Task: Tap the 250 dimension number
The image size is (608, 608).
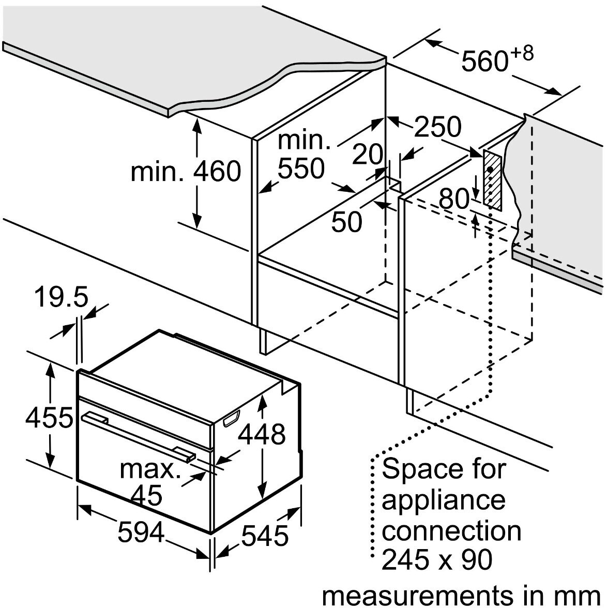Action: pyautogui.click(x=438, y=127)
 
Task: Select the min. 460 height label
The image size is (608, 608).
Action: pyautogui.click(x=186, y=171)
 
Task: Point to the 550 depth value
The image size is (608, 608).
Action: pyautogui.click(x=301, y=169)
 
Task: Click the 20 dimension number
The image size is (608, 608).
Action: pyautogui.click(x=368, y=154)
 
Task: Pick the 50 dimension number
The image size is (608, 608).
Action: pyautogui.click(x=347, y=222)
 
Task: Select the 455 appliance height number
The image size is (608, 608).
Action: pyautogui.click(x=49, y=418)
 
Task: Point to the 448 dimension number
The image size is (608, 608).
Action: pyautogui.click(x=262, y=434)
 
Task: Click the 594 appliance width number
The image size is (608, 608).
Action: pyautogui.click(x=141, y=532)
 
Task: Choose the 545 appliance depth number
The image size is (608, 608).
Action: pyautogui.click(x=265, y=536)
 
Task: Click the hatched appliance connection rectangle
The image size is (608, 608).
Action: pyautogui.click(x=492, y=180)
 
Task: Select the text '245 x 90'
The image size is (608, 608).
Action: pyautogui.click(x=437, y=559)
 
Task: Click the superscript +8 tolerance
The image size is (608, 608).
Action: pyautogui.click(x=522, y=53)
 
